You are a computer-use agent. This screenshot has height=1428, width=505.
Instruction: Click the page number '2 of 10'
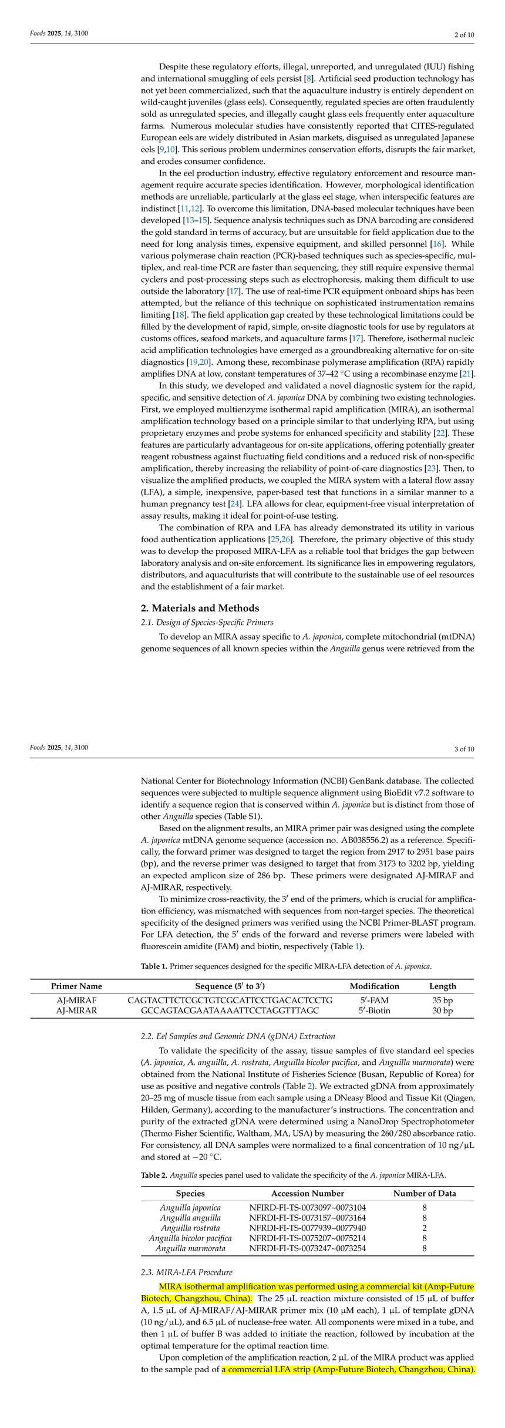pos(464,35)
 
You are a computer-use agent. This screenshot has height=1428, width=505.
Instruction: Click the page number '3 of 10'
pos(464,748)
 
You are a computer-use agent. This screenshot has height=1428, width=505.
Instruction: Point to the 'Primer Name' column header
pos(76,986)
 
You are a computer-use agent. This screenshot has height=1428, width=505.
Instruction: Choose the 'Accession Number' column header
pos(307,1193)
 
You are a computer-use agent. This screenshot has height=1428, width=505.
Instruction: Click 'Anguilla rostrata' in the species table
pos(190,1228)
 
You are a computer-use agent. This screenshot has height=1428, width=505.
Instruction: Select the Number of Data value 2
pos(424,1228)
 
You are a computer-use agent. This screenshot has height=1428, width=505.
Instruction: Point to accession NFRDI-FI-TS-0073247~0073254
pos(307,1248)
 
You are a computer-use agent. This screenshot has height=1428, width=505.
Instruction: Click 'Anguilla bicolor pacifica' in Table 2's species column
pos(190,1238)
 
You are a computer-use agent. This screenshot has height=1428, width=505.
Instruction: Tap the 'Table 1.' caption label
pos(154,966)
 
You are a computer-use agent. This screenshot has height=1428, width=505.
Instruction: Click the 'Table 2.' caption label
pos(154,1175)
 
